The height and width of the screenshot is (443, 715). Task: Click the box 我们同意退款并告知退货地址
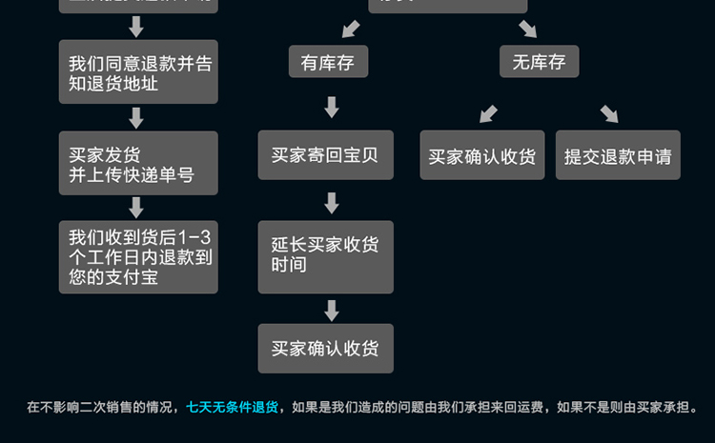click(138, 72)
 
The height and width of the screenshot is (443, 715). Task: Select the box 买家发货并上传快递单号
click(138, 163)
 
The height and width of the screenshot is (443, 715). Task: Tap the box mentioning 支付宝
click(138, 257)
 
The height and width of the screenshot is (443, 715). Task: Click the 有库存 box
click(328, 62)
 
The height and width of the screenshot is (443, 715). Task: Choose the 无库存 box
click(539, 62)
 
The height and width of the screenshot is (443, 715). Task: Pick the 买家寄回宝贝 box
click(325, 155)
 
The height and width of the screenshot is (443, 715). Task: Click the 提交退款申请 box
click(618, 155)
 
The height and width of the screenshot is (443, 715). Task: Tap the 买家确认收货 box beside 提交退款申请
click(482, 155)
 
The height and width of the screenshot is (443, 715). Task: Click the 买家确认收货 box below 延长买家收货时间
click(325, 349)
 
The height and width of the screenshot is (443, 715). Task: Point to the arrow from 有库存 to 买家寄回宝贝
click(332, 107)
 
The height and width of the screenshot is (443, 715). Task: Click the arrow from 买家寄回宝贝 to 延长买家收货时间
click(332, 202)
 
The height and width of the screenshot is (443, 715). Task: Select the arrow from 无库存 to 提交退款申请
click(609, 113)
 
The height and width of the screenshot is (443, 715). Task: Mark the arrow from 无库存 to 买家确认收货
click(488, 113)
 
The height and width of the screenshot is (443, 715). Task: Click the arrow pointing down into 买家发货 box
click(136, 117)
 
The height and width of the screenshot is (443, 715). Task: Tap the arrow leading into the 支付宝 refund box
click(136, 208)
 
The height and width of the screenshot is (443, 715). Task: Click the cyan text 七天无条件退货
click(233, 408)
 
